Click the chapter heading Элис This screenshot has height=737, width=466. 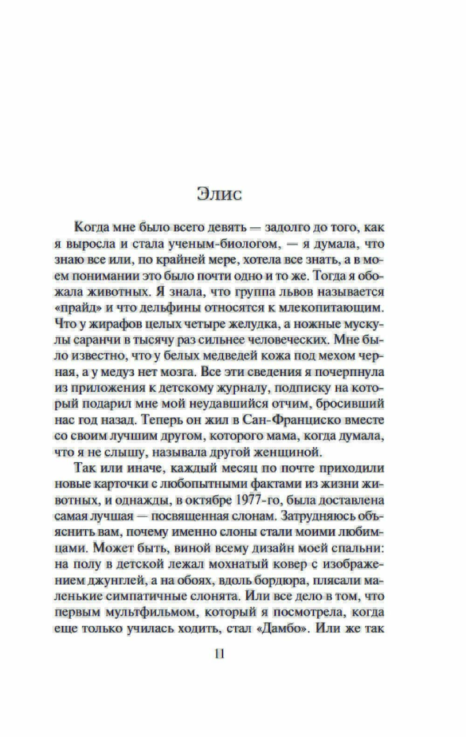219,194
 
